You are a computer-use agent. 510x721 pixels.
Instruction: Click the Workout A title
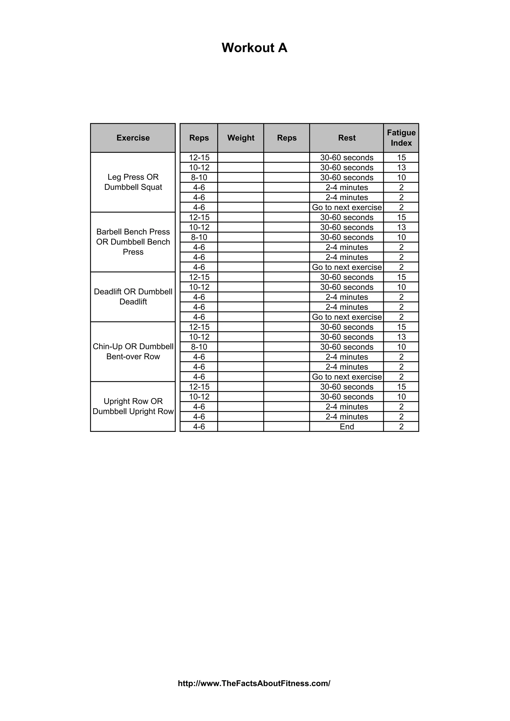[254, 48]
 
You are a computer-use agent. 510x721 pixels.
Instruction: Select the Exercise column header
[133, 138]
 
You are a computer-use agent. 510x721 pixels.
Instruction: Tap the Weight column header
[241, 138]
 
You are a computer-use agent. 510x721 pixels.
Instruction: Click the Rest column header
[347, 138]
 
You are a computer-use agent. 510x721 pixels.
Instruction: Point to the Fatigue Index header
[401, 138]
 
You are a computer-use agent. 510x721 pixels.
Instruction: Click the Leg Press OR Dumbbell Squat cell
[133, 182]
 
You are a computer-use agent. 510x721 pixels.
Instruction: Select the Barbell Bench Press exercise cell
[133, 242]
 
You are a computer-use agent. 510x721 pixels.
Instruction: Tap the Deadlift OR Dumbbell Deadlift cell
[133, 297]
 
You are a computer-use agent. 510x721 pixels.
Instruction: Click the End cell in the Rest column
[347, 426]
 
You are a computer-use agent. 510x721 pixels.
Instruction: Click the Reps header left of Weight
[199, 138]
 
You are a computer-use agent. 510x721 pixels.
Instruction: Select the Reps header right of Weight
[287, 138]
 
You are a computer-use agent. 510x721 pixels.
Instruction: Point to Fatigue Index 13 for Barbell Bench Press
[401, 227]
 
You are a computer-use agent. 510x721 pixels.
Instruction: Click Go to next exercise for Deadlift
[347, 317]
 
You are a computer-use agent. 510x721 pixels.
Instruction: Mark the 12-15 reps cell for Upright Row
[199, 387]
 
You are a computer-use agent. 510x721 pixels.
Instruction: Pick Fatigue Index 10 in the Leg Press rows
[401, 177]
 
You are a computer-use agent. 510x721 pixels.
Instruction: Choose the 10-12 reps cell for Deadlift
[199, 287]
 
